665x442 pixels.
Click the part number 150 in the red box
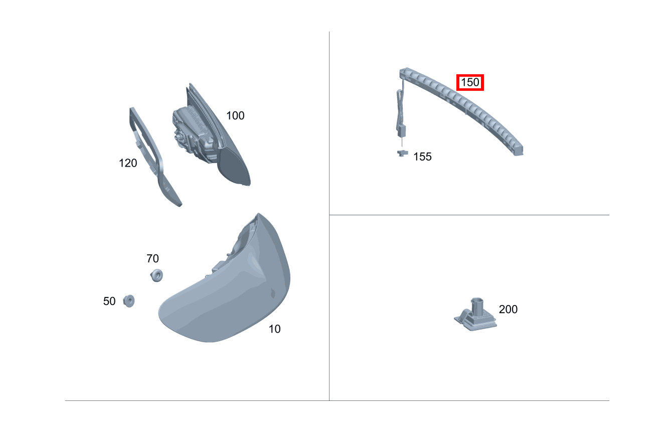click(470, 82)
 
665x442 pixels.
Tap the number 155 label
click(422, 157)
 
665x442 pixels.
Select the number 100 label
click(235, 115)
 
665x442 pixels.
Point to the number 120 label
click(128, 163)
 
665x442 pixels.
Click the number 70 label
click(152, 258)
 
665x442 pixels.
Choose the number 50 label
click(109, 301)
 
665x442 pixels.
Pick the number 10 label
click(274, 329)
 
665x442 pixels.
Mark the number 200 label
click(508, 309)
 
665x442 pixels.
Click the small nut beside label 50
click(129, 301)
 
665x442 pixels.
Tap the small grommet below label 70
click(157, 275)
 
